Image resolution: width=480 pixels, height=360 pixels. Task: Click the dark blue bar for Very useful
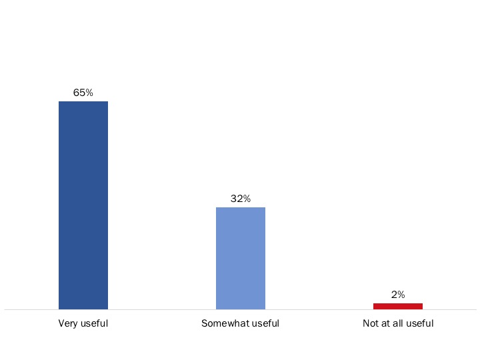[83, 205]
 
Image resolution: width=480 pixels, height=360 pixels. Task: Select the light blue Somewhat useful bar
[241, 258]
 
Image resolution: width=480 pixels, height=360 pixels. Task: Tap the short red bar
[398, 306]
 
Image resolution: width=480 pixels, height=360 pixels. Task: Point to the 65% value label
[83, 93]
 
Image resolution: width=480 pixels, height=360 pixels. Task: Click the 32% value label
[241, 199]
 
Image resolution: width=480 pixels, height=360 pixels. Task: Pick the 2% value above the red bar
[398, 295]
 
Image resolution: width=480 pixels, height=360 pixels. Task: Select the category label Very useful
[83, 324]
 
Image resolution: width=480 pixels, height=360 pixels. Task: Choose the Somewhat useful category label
[240, 324]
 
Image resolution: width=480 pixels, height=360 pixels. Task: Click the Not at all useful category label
[398, 324]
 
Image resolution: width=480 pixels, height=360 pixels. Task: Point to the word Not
[370, 324]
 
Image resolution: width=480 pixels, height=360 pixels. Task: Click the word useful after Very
[95, 324]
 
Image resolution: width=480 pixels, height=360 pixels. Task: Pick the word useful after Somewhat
[265, 324]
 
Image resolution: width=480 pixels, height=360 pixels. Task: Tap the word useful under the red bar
[420, 324]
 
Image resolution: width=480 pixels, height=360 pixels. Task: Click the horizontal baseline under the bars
[167, 310]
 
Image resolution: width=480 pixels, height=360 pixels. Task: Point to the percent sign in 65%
[89, 93]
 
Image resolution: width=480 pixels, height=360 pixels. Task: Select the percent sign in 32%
[246, 199]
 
